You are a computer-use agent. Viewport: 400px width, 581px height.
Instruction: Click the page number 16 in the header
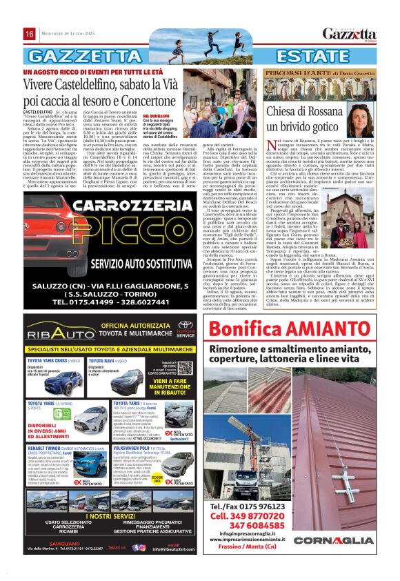click(x=30, y=34)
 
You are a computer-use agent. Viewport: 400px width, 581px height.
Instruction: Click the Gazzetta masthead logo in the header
click(x=349, y=33)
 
